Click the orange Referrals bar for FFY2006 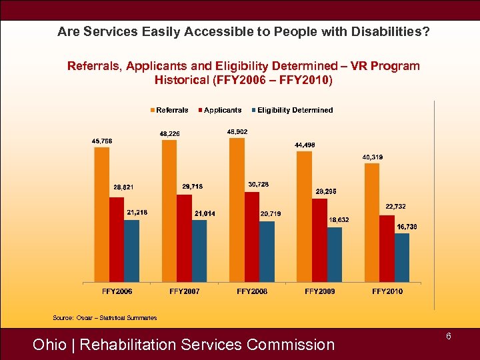(x=102, y=214)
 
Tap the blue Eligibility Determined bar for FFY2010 (x=402, y=257)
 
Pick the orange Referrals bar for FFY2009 (x=304, y=216)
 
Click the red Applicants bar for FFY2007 (x=185, y=238)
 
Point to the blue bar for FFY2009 (x=334, y=255)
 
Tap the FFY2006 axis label (x=117, y=291)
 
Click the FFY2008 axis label (x=252, y=291)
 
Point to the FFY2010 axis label (x=387, y=291)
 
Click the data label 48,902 (x=237, y=132)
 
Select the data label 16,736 (x=407, y=227)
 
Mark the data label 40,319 (x=373, y=157)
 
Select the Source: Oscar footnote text (x=105, y=318)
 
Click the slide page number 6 (x=449, y=337)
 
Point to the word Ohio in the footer (x=49, y=345)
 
